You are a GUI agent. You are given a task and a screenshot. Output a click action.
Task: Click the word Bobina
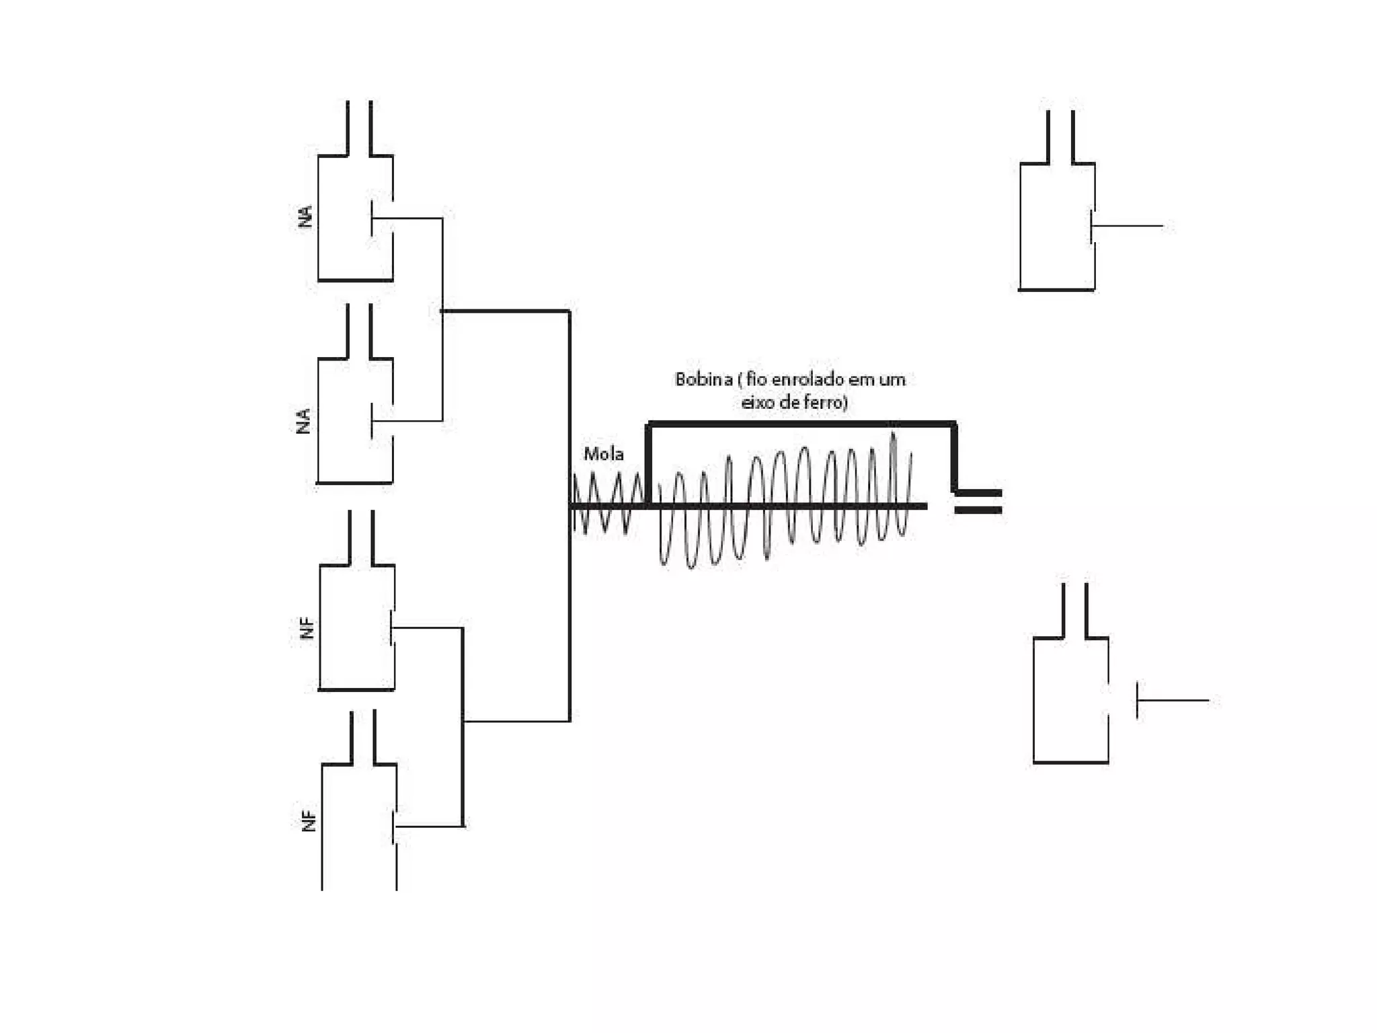[703, 380]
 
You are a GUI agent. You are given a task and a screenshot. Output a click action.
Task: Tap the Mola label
[603, 455]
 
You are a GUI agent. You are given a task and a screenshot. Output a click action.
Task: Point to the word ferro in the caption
[827, 403]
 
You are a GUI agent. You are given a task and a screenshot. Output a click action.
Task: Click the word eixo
[758, 403]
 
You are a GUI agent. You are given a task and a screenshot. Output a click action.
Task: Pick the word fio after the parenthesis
[756, 380]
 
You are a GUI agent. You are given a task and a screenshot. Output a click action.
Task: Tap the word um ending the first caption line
[892, 380]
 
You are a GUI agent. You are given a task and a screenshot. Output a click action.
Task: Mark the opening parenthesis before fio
[740, 381]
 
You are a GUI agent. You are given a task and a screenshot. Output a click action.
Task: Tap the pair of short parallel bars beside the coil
[978, 502]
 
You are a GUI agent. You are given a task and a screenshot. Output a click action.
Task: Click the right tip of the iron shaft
[925, 506]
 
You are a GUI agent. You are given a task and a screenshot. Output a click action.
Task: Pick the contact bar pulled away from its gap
[1138, 700]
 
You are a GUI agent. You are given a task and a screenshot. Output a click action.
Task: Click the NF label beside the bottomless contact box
[309, 821]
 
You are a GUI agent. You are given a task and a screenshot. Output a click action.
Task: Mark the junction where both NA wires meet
[442, 311]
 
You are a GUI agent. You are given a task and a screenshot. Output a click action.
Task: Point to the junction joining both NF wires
[463, 722]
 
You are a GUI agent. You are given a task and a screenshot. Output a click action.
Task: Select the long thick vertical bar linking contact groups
[569, 516]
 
